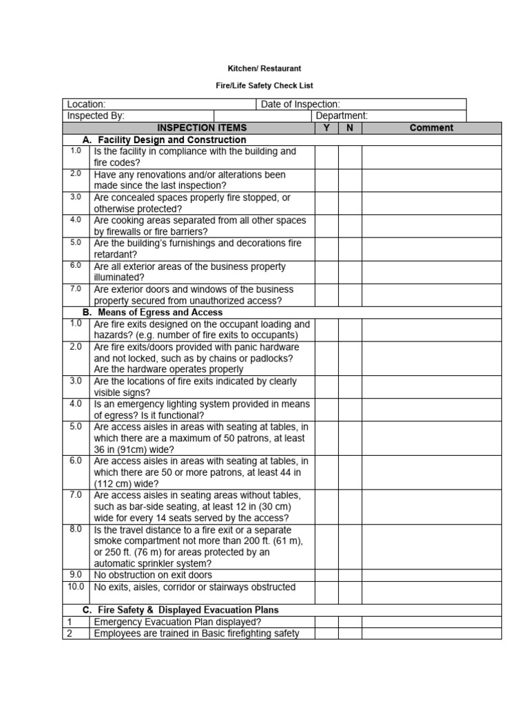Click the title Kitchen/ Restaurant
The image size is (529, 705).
[264, 69]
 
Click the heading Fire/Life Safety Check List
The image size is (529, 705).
[264, 86]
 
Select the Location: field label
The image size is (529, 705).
[86, 104]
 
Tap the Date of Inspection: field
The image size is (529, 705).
[300, 104]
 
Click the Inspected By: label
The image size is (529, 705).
[96, 116]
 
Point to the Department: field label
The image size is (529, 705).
[342, 116]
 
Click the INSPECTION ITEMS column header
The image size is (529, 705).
[202, 127]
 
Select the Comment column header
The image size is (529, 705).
[431, 127]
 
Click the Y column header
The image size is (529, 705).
[326, 127]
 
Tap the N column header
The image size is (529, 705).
[350, 127]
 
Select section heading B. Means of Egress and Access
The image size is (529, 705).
[162, 312]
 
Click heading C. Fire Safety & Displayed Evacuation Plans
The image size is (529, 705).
[180, 610]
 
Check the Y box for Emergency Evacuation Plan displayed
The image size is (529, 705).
[326, 622]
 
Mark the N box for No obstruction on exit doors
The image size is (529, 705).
[350, 575]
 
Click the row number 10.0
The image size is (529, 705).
[76, 587]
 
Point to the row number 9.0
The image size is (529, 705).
[76, 574]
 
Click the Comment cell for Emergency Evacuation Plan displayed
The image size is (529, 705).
[431, 622]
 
